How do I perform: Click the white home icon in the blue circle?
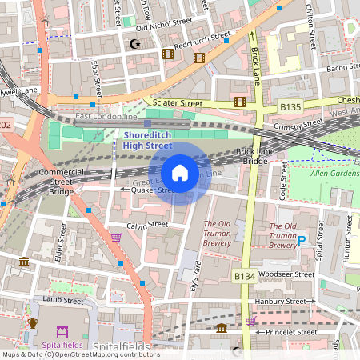pyautogui.click(x=180, y=173)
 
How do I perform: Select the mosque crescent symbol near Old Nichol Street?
pyautogui.click(x=134, y=45)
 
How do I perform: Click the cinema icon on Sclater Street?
pyautogui.click(x=239, y=101)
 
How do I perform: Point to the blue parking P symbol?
pyautogui.click(x=302, y=238)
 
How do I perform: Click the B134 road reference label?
pyautogui.click(x=245, y=276)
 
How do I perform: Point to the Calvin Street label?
pyautogui.click(x=147, y=224)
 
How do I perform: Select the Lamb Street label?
pyautogui.click(x=63, y=301)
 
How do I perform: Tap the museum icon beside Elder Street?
pyautogui.click(x=24, y=262)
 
